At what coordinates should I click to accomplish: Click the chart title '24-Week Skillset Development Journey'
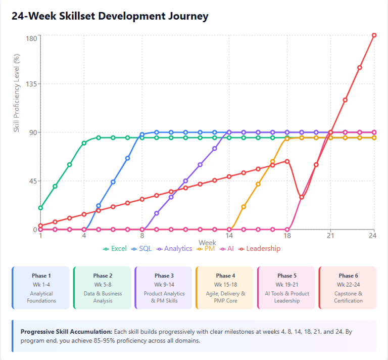(x=110, y=16)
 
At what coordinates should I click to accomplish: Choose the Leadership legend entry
(x=259, y=248)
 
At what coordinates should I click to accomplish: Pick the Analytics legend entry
(x=174, y=248)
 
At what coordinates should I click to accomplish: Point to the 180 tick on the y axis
(x=31, y=38)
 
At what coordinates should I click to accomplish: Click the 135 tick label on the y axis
(x=31, y=84)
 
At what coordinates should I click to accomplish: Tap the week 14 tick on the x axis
(x=229, y=236)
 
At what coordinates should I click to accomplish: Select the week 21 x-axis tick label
(x=331, y=236)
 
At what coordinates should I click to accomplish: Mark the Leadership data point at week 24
(x=374, y=35)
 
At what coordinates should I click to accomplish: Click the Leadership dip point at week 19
(x=302, y=197)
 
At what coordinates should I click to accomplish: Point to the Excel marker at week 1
(x=40, y=208)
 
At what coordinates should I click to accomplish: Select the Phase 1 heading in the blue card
(x=41, y=276)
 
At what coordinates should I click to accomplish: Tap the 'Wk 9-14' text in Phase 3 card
(x=163, y=285)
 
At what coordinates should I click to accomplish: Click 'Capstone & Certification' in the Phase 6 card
(x=348, y=297)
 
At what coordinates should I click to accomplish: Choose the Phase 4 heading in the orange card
(x=223, y=276)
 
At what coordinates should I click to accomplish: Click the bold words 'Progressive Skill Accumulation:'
(x=66, y=332)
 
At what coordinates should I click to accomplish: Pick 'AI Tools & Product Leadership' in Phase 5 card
(x=286, y=297)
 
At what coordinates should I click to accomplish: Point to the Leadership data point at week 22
(x=345, y=100)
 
